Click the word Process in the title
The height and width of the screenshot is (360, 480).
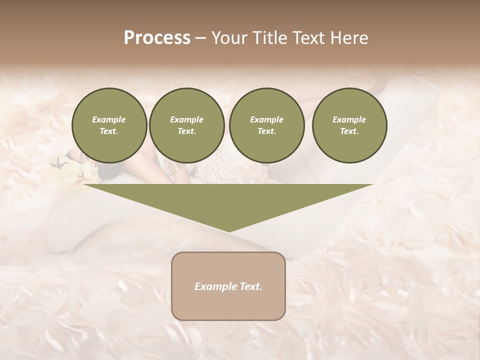(157, 38)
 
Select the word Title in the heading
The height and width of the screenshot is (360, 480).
(270, 38)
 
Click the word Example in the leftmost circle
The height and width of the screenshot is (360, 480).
(109, 119)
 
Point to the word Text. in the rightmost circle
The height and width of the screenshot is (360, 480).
(349, 131)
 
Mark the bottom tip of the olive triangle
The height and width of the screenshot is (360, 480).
(228, 231)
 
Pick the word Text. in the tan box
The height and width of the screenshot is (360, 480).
(251, 286)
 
